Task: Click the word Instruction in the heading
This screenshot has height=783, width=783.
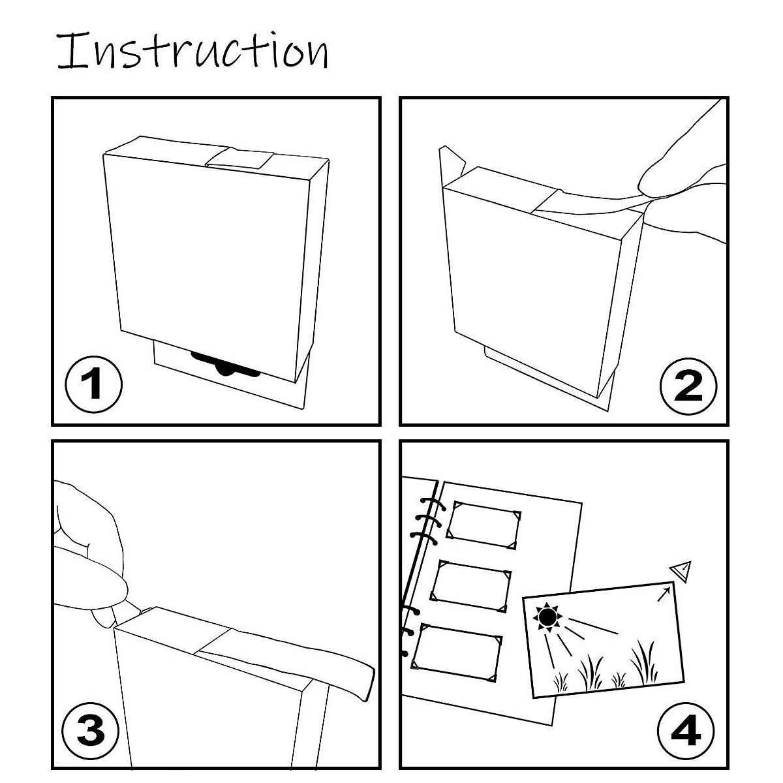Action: (192, 50)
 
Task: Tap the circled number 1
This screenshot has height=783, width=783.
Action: (93, 384)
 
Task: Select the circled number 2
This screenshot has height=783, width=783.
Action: (688, 386)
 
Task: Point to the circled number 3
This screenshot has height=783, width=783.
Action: (90, 730)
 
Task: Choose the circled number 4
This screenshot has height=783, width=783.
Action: (686, 731)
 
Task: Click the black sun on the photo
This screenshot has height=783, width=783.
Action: (547, 617)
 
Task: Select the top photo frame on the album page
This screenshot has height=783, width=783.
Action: (484, 525)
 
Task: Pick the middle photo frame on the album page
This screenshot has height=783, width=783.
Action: (470, 586)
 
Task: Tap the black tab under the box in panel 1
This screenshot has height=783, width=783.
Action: (226, 365)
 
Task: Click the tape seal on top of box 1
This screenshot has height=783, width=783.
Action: (239, 159)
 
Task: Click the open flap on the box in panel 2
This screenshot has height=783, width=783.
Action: (452, 166)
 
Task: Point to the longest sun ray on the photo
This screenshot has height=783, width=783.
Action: (593, 626)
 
